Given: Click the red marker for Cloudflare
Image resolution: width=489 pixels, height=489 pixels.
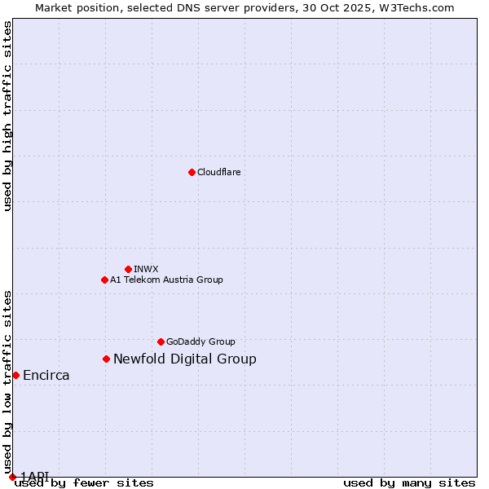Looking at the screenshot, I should (192, 172).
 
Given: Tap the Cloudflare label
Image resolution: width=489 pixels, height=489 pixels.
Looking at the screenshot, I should (218, 172).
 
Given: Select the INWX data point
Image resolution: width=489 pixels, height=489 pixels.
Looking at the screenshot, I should (128, 269).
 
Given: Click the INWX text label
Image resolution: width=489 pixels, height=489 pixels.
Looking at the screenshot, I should (146, 269).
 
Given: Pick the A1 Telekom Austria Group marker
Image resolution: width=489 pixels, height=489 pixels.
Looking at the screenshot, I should (104, 280).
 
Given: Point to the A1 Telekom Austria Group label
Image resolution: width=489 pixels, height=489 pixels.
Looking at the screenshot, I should (166, 280).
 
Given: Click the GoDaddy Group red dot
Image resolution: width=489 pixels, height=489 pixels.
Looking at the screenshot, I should (161, 341).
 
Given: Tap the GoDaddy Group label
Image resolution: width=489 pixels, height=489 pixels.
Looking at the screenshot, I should (200, 341).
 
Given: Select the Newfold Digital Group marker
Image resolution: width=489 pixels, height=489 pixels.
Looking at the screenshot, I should (106, 359).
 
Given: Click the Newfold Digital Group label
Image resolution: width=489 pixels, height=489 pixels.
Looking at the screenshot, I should (184, 359).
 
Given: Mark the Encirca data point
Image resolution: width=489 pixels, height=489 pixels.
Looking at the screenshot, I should (15, 375).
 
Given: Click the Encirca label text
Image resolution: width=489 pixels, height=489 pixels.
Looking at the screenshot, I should (46, 375).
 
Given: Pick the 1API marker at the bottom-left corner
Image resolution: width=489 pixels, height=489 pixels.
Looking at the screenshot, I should (12, 477).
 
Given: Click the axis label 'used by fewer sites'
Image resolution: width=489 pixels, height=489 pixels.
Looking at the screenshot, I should (84, 482).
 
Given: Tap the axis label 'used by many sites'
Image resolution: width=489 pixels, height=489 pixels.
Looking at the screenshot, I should (409, 482).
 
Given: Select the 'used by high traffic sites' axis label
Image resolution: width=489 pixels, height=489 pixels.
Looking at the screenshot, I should (7, 116).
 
